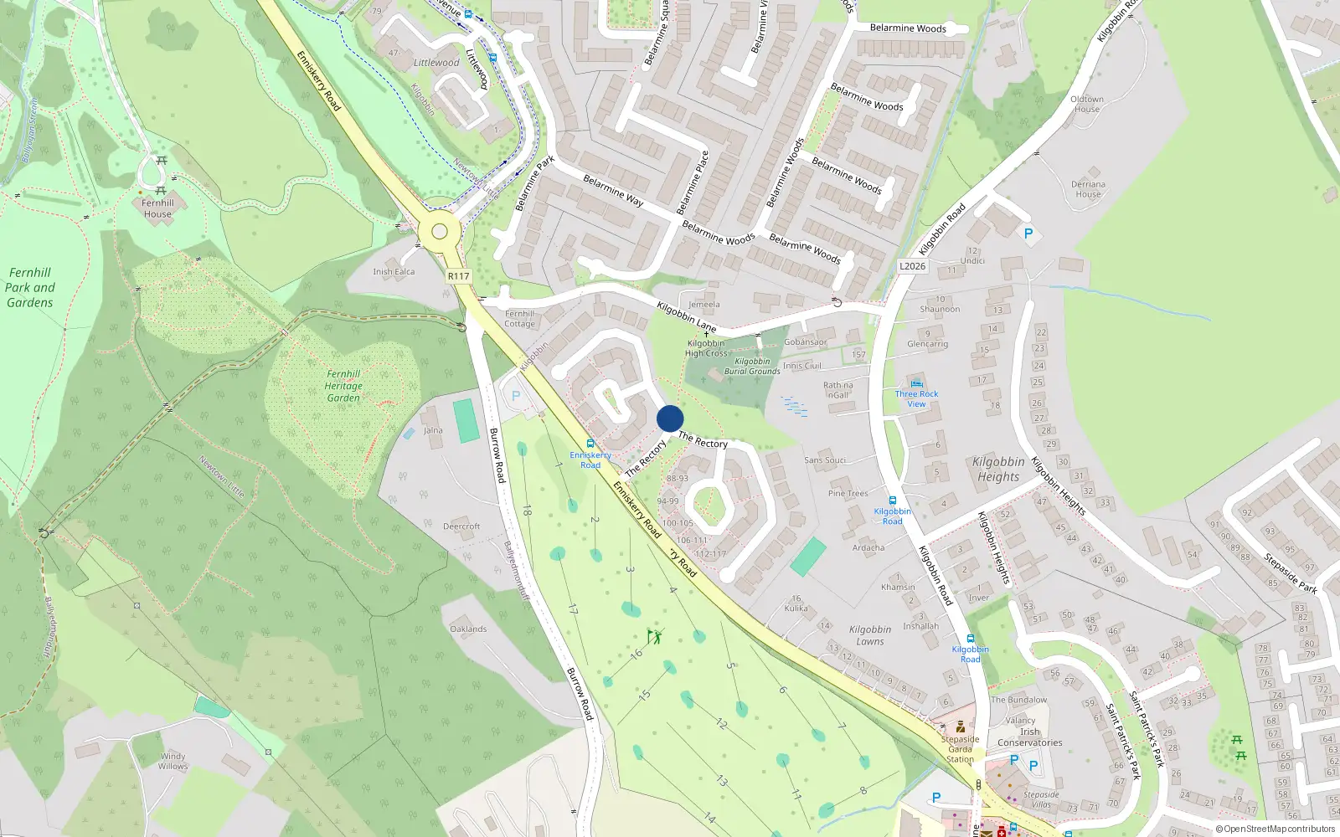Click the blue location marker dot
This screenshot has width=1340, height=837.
(670, 418)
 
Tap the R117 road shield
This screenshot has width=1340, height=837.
(458, 276)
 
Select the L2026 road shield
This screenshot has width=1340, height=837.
(912, 266)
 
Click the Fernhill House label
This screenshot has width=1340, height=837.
(157, 208)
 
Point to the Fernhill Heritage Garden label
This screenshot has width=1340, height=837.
(343, 386)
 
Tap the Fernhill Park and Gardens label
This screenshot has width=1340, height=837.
(30, 287)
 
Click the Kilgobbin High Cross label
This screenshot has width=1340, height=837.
(706, 348)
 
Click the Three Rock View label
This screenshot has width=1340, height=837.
(916, 398)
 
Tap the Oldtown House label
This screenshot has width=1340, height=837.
(1087, 104)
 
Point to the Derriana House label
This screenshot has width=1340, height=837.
(1088, 189)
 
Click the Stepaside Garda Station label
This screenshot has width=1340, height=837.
(960, 749)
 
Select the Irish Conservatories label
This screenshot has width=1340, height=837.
(1029, 737)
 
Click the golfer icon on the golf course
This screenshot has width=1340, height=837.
(655, 637)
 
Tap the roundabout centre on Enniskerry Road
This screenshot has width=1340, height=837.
(440, 232)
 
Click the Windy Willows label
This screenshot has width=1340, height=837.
(173, 761)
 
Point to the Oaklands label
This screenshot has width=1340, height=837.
(468, 629)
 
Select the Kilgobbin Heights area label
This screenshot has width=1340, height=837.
(998, 469)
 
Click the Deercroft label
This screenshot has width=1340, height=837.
(461, 526)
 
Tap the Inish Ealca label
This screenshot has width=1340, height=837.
(394, 271)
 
